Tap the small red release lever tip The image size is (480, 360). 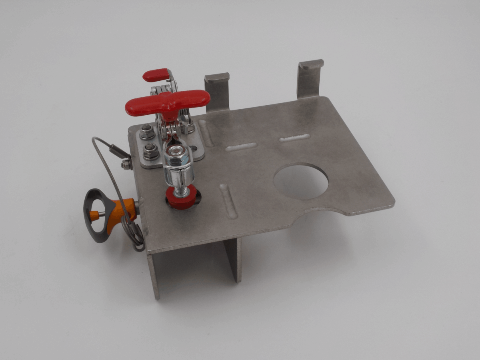155,75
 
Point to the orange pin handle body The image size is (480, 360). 120,214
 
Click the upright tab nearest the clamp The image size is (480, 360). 217,92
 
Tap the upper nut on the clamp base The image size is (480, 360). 146,130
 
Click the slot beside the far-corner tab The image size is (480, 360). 294,138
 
